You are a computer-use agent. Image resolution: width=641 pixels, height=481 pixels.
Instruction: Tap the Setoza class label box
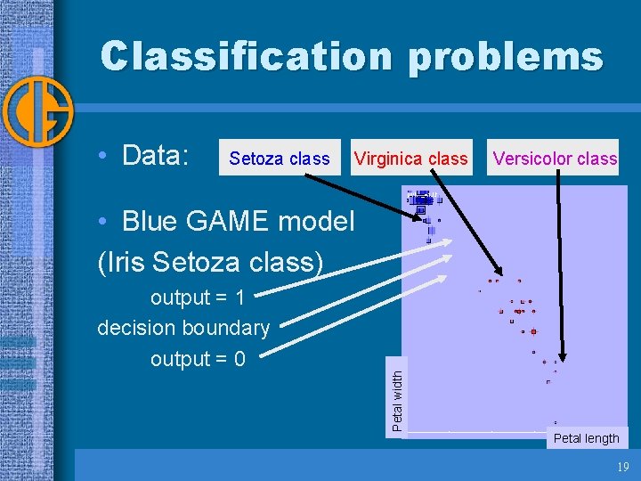point(280,159)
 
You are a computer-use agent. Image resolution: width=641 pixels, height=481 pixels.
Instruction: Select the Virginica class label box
point(410,159)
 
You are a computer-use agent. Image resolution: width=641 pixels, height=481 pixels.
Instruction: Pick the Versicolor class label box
point(554,159)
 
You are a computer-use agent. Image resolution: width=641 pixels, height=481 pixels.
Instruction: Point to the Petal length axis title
point(586,437)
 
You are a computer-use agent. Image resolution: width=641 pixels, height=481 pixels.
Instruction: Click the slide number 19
point(622,466)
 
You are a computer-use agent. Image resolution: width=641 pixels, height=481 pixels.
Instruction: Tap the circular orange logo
point(37,111)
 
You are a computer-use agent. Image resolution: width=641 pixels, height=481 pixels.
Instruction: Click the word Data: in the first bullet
point(156,156)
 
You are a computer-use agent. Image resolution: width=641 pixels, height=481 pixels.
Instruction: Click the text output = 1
point(197,297)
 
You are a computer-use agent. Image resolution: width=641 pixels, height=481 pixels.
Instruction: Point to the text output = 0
point(198,359)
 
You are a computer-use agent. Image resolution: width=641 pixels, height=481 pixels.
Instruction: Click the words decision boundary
point(183,328)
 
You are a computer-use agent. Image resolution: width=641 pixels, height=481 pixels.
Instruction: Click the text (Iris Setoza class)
point(210,262)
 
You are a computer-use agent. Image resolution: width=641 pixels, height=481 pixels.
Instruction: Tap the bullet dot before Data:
point(104,157)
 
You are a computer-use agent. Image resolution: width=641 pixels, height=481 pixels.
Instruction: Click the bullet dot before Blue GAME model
point(104,221)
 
